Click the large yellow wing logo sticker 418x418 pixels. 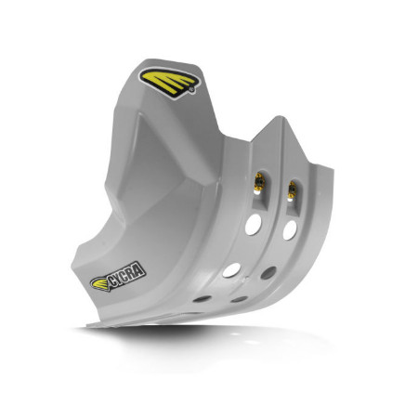click(169, 83)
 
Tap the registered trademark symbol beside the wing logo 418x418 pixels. click(191, 90)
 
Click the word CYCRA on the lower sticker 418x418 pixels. click(127, 274)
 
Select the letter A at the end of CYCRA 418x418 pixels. click(139, 270)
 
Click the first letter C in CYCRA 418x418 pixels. click(111, 281)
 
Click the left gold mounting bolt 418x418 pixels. click(259, 182)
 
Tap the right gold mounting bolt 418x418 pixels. click(292, 189)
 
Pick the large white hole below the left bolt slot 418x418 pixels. click(254, 224)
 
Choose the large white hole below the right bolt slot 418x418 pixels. click(290, 230)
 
